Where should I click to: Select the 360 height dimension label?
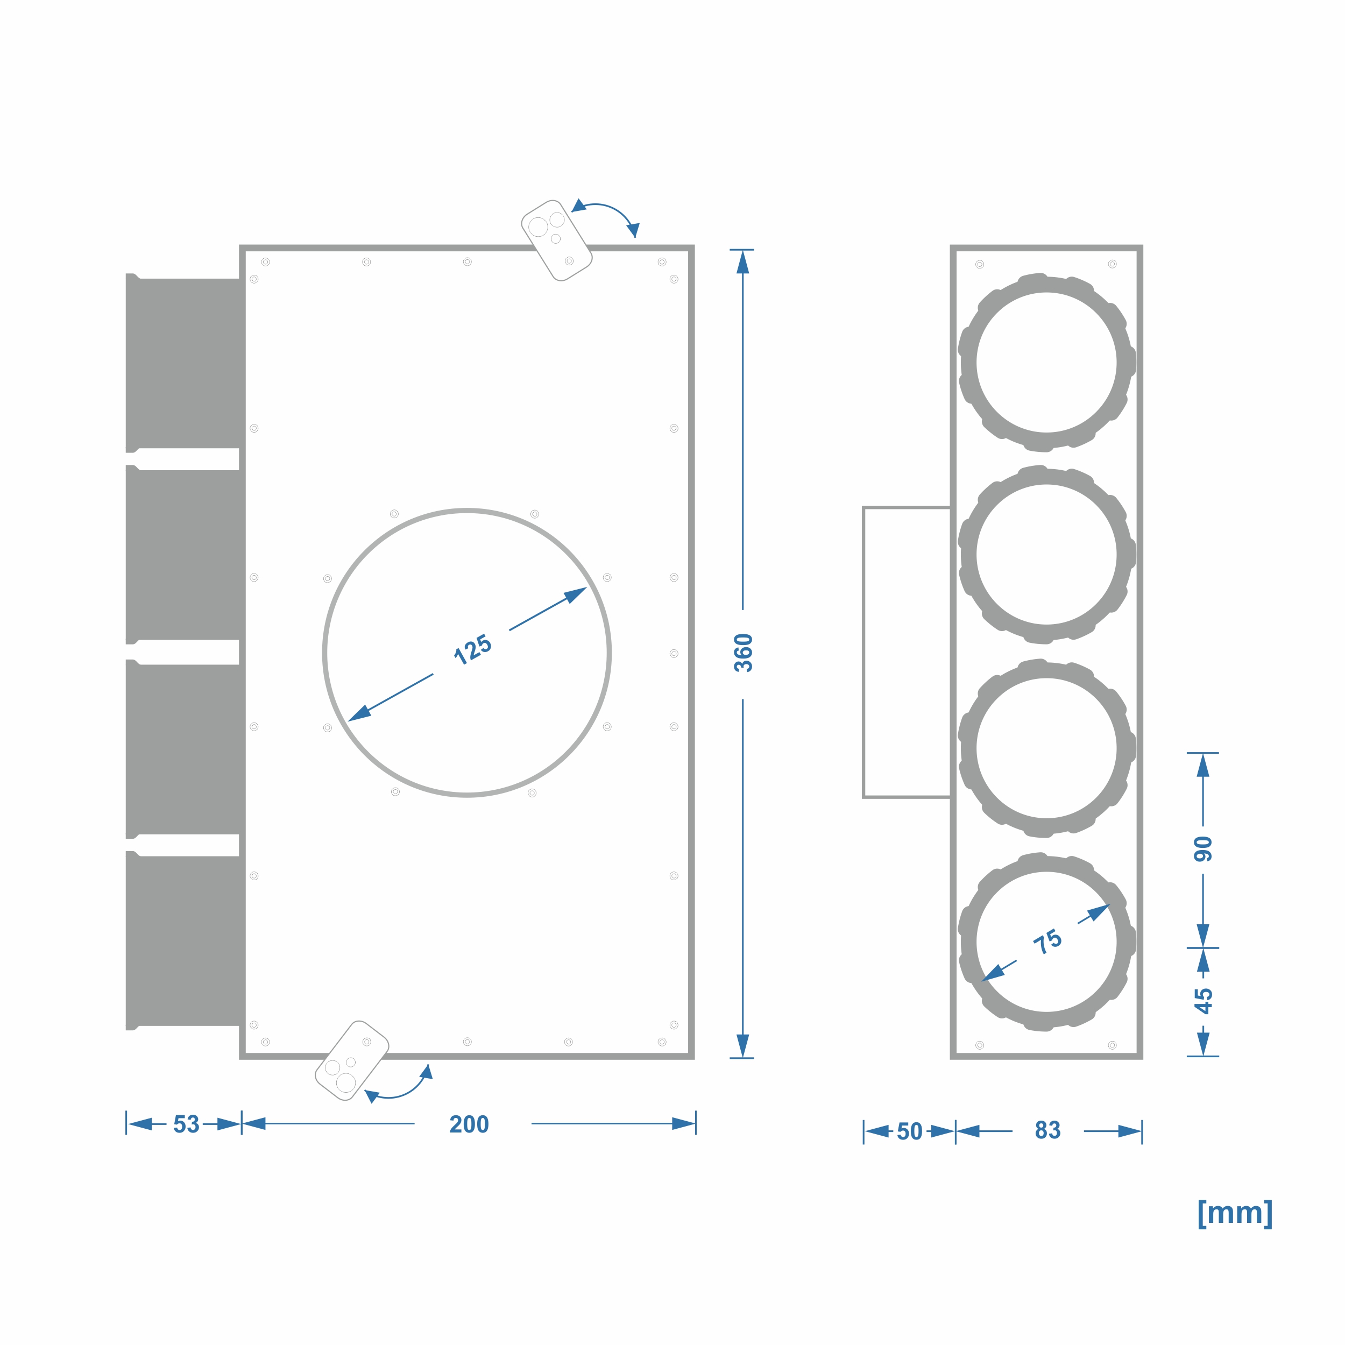tap(744, 653)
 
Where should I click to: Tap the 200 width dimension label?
tap(469, 1124)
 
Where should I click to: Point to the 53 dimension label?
tap(186, 1124)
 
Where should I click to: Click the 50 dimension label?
tap(909, 1131)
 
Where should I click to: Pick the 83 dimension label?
tap(1047, 1130)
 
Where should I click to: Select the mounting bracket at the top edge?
tap(557, 240)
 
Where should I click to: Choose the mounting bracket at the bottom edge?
tap(351, 1060)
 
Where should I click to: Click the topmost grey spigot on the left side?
tap(185, 363)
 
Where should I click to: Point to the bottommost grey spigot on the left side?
tap(185, 940)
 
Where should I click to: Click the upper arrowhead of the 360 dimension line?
tap(743, 262)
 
